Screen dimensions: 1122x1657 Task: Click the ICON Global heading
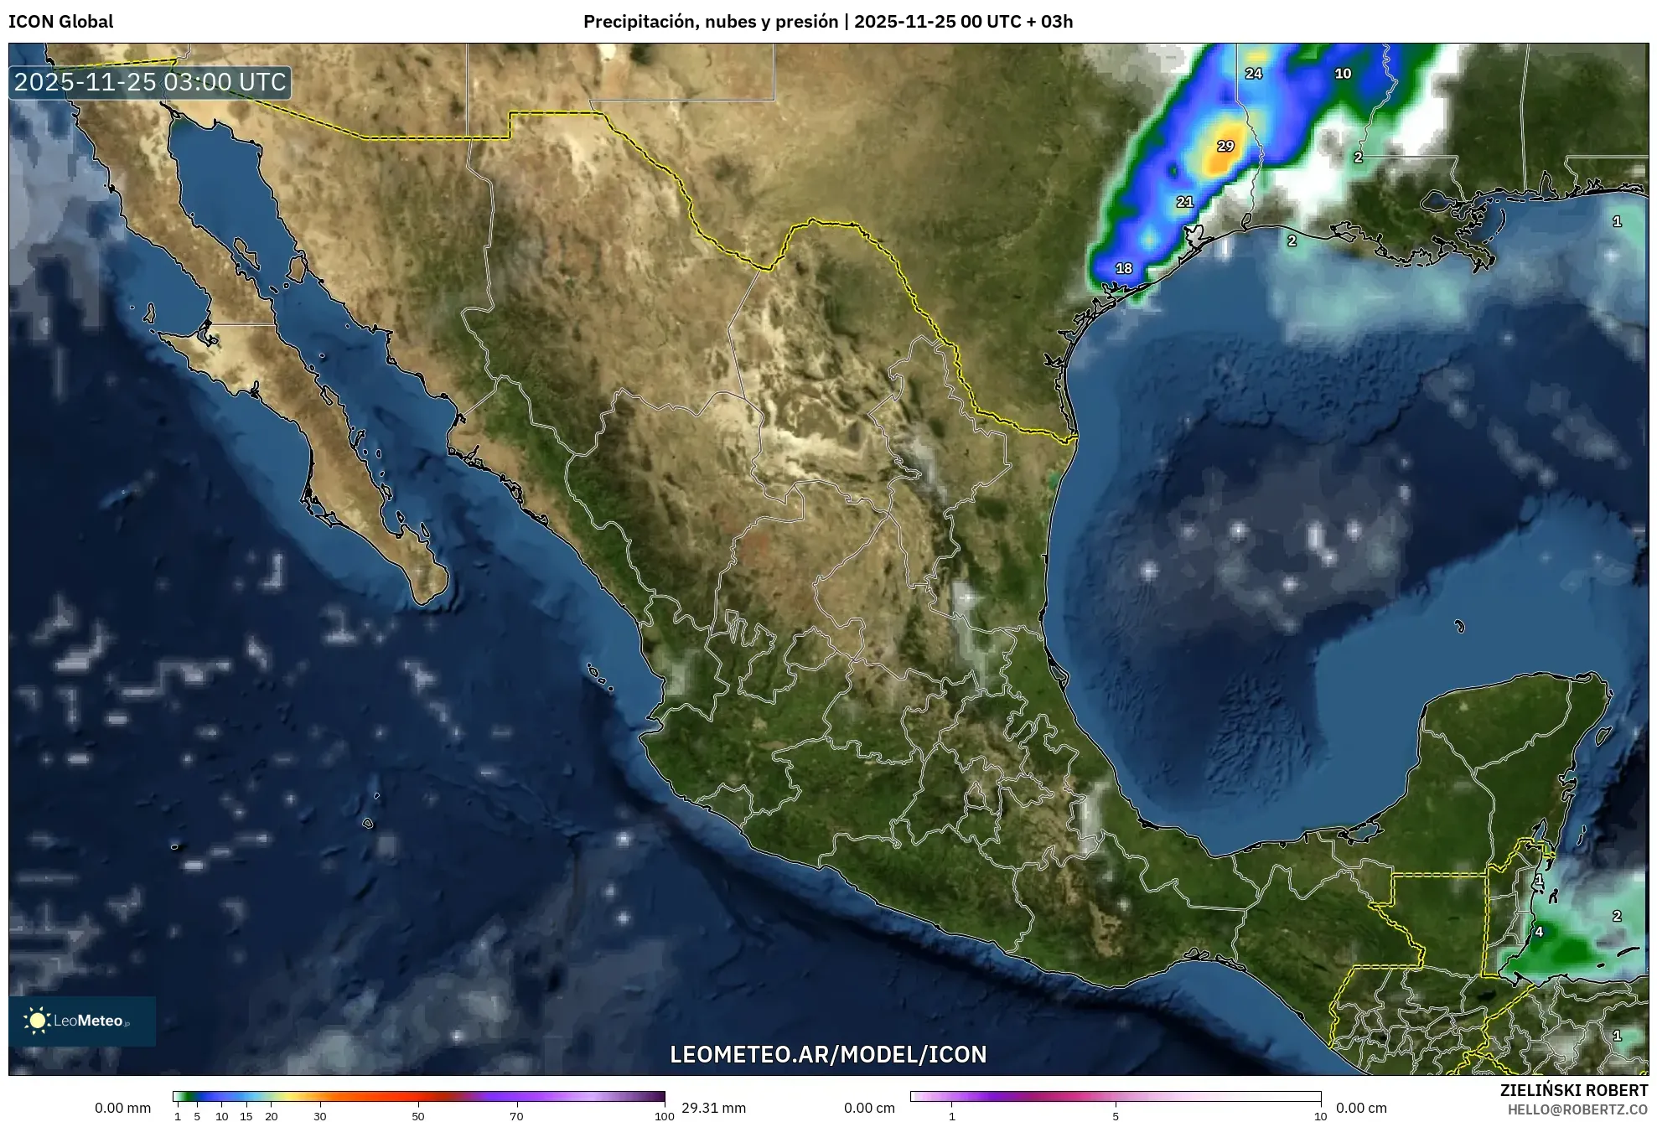pyautogui.click(x=60, y=22)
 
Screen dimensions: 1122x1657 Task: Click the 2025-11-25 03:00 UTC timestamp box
pyautogui.click(x=150, y=82)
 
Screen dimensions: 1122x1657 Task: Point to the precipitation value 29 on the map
pyautogui.click(x=1225, y=146)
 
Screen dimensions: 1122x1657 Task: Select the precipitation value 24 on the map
pyautogui.click(x=1253, y=74)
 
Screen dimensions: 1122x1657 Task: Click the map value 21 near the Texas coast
pyautogui.click(x=1184, y=202)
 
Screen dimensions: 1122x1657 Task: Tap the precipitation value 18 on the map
pyautogui.click(x=1124, y=268)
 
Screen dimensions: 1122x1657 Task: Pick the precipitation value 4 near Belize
pyautogui.click(x=1539, y=932)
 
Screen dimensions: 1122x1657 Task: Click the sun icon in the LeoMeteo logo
pyautogui.click(x=37, y=1020)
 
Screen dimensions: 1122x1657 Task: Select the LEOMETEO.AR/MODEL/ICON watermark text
pyautogui.click(x=828, y=1054)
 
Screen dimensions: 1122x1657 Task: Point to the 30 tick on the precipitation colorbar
pyautogui.click(x=320, y=1115)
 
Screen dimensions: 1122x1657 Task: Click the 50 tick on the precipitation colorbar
pyautogui.click(x=418, y=1115)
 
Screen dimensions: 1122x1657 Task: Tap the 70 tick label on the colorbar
pyautogui.click(x=516, y=1115)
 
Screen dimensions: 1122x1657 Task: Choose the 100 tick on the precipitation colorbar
pyautogui.click(x=664, y=1115)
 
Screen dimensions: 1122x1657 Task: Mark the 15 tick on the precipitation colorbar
pyautogui.click(x=246, y=1115)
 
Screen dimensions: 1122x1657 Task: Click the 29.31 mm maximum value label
pyautogui.click(x=713, y=1108)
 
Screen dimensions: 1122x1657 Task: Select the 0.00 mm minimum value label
pyautogui.click(x=122, y=1108)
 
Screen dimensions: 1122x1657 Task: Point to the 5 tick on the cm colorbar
pyautogui.click(x=1116, y=1115)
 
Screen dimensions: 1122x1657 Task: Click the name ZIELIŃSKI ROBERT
pyautogui.click(x=1573, y=1090)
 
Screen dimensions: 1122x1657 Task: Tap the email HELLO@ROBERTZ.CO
pyautogui.click(x=1577, y=1109)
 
